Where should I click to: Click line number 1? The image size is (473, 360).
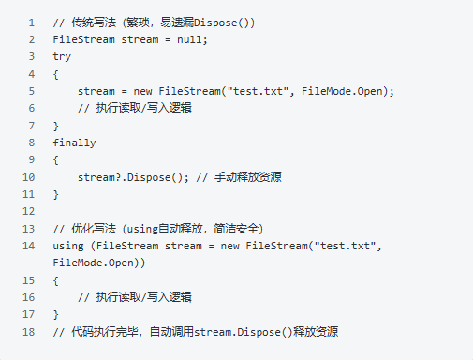32,22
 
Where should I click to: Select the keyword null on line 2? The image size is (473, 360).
189,39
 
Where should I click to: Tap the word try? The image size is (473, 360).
62,57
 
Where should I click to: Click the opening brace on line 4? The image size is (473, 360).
56,74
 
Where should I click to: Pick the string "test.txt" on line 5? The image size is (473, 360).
258,91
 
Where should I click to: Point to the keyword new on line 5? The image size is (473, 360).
142,91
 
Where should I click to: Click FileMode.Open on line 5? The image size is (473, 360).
342,91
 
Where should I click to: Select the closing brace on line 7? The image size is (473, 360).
56,126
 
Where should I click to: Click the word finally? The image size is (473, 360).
74,142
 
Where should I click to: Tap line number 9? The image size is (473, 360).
32,159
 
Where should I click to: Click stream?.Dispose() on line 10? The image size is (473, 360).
130,177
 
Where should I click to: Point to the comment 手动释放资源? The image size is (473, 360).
248,177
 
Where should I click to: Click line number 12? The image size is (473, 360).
28,211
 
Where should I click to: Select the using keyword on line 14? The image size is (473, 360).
68,246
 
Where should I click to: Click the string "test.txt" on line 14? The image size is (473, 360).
345,246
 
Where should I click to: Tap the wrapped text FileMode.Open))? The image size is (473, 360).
99,262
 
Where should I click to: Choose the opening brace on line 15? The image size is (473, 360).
56,280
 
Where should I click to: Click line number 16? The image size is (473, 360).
28,297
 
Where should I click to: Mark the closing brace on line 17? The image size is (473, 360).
56,314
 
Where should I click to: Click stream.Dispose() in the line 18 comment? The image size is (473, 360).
244,332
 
